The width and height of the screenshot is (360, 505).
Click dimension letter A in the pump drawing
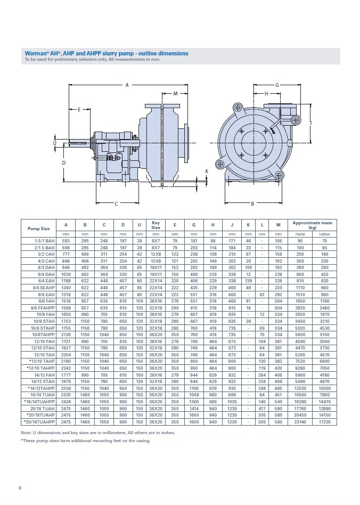pos(127,85)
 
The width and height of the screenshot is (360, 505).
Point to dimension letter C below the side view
pos(116,203)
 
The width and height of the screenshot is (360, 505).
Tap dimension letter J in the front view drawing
pos(310,123)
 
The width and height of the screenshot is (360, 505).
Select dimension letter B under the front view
pos(252,203)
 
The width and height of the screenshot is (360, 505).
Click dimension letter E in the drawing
pos(79,110)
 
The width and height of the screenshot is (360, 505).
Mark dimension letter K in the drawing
pos(207,171)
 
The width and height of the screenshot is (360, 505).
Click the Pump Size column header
pos(38,228)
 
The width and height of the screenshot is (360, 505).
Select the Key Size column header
pos(156,225)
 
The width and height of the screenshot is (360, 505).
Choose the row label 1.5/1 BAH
pos(42,241)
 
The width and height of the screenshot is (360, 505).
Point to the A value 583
pos(66,241)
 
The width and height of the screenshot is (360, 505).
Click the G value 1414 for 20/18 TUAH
pos(193,409)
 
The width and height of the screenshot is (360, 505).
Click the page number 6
pos(20,487)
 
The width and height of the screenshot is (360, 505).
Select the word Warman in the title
pos(35,53)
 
